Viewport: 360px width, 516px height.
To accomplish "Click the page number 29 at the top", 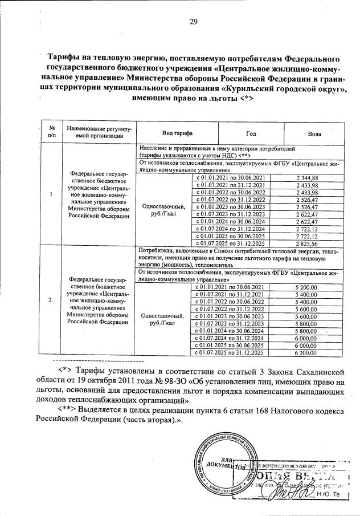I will pyautogui.click(x=193, y=22).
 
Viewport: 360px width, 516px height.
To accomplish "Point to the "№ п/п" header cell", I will pyautogui.click(x=52, y=132).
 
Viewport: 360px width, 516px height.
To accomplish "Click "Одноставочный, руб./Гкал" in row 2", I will pyautogui.click(x=162, y=319).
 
